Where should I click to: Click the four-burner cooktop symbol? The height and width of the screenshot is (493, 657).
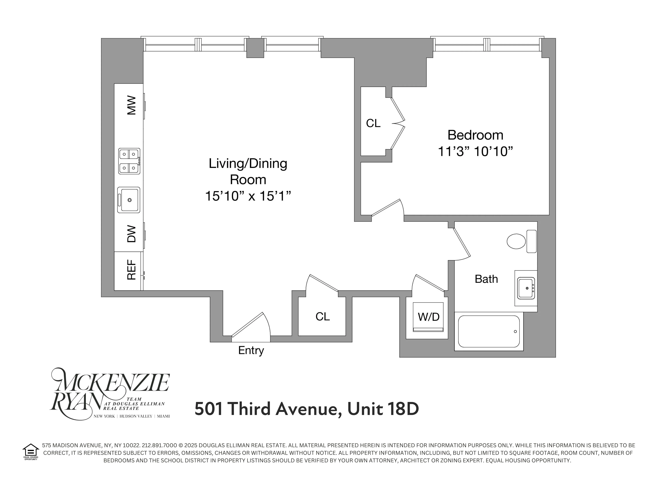click(129, 161)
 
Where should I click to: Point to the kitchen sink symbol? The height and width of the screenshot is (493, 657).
click(129, 200)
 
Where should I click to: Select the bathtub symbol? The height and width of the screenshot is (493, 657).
click(489, 331)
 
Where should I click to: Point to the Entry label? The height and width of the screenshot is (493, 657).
click(251, 350)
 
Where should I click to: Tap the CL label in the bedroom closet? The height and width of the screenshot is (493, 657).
click(373, 123)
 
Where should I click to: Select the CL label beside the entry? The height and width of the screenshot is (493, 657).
click(323, 317)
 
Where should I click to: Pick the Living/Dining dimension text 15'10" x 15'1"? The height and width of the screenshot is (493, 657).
click(248, 196)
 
